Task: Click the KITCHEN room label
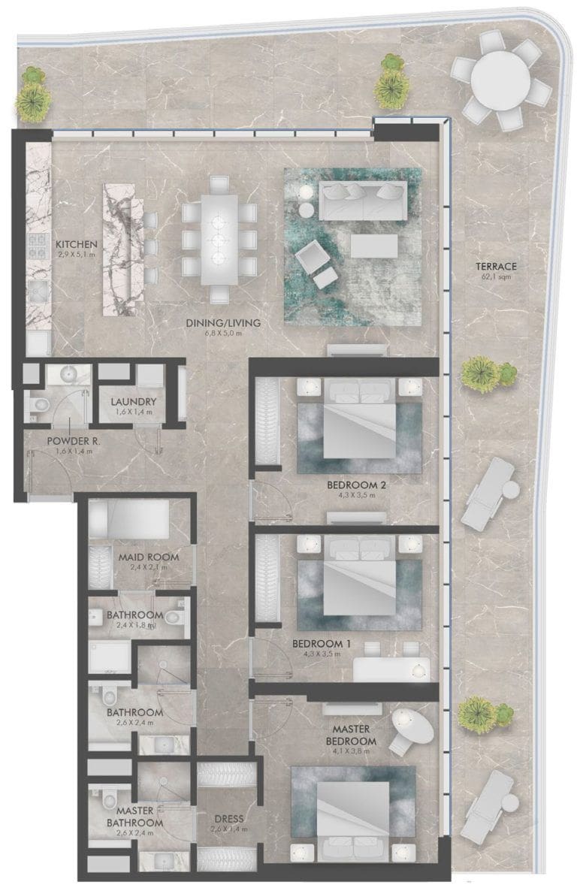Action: [x=76, y=244]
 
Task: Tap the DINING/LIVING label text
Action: [x=223, y=324]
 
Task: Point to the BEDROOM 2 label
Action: [x=356, y=485]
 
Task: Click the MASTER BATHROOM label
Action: [x=134, y=816]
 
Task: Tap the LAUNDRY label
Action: [x=133, y=402]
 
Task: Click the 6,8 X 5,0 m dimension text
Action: [x=223, y=334]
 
